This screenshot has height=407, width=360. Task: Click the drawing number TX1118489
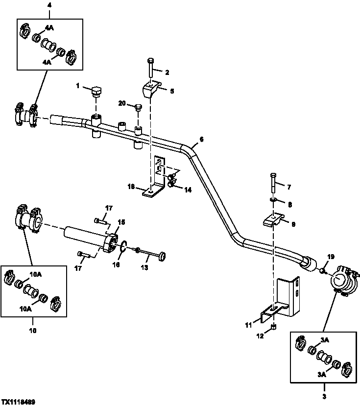point(18,401)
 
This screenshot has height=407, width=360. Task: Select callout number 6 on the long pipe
point(201,139)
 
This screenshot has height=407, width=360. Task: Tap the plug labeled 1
point(96,92)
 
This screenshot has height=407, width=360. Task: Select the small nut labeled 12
point(274,327)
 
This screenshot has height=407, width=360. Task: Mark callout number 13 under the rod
point(144,267)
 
